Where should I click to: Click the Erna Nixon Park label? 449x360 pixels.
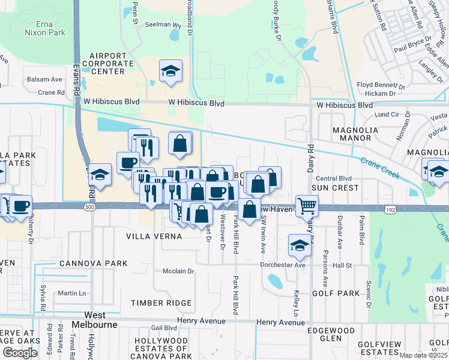coord(46,28)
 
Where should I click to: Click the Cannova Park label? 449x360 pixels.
coord(93,263)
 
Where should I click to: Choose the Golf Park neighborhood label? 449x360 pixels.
coord(335,293)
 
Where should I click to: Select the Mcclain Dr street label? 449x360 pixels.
coord(179,271)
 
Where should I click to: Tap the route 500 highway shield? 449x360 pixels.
coord(89,207)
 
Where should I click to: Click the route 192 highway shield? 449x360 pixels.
coord(390,209)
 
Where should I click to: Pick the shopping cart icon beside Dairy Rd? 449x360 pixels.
coord(307,205)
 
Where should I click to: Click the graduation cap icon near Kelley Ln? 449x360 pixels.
coord(300,244)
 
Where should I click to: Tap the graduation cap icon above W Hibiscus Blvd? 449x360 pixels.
coord(171,71)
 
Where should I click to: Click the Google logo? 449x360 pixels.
coord(20,353)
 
